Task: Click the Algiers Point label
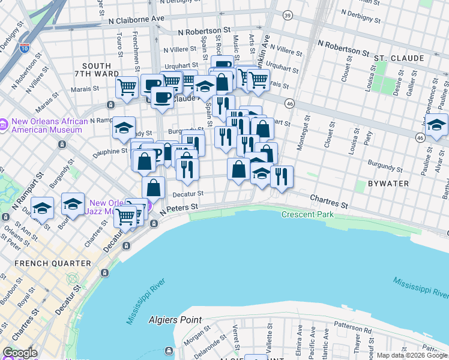(176, 320)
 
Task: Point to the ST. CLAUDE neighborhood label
(399, 58)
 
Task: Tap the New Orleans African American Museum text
(45, 125)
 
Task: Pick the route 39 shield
(288, 15)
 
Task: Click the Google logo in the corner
(20, 353)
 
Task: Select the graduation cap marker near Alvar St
(436, 126)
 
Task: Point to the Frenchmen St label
(136, 45)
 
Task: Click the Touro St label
(119, 45)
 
